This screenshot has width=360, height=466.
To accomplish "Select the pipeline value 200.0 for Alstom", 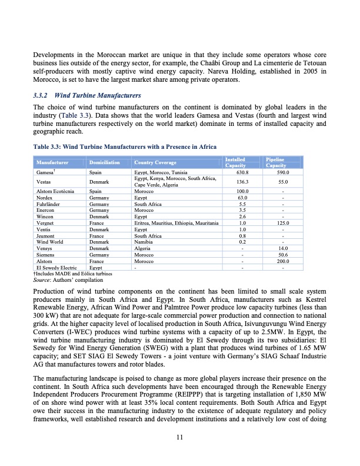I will click(x=282, y=261).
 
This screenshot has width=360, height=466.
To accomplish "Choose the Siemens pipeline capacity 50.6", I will click(x=282, y=255).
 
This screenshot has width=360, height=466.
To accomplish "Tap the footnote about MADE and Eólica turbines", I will click(x=66, y=274).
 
